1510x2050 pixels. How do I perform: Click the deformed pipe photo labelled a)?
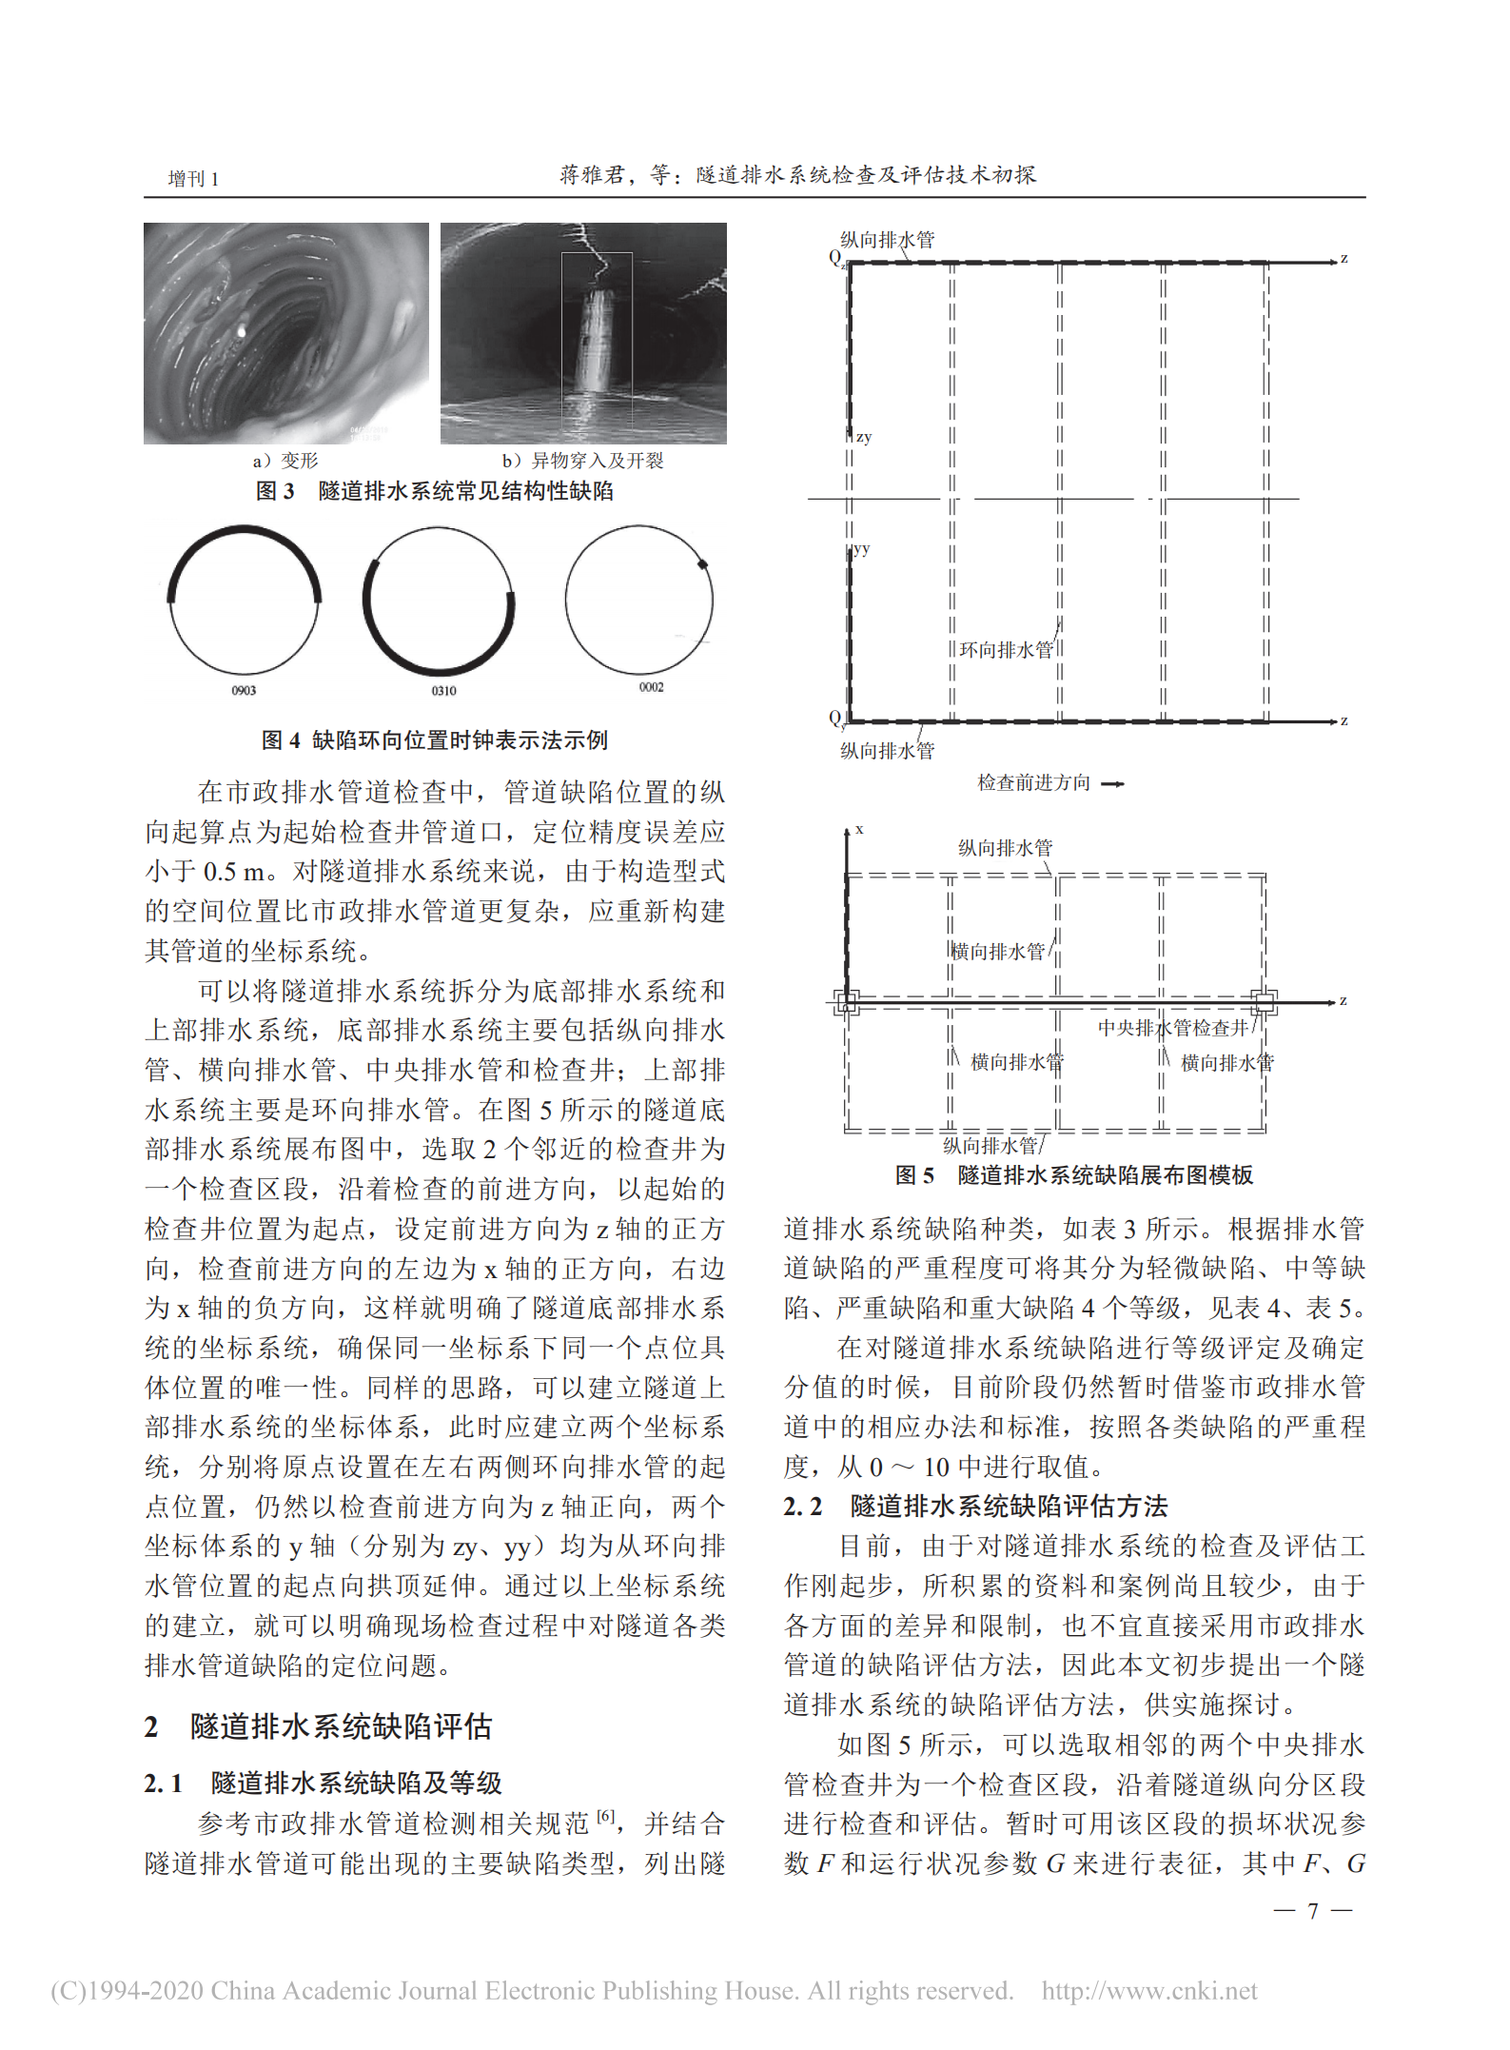(285, 333)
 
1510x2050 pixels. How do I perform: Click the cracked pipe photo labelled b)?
(583, 333)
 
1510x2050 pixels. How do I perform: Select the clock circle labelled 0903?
(245, 600)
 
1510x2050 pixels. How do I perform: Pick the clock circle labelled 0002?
(639, 600)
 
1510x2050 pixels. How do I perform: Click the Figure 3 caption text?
(435, 491)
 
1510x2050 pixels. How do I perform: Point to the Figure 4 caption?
(435, 739)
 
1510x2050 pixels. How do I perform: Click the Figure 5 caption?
(1074, 1174)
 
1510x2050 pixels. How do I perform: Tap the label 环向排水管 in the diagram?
(1006, 650)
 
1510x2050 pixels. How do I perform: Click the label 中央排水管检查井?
(1172, 1028)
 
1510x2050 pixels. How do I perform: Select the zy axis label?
(864, 438)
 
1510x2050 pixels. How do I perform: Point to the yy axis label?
(862, 549)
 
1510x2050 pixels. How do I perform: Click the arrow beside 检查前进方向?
(1112, 784)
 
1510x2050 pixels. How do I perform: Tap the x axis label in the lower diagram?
(859, 830)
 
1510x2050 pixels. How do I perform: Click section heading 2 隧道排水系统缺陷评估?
(319, 1727)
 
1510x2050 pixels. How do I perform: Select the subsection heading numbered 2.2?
(975, 1506)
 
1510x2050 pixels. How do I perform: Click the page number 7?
(1313, 1911)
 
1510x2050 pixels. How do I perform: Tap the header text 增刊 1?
(194, 179)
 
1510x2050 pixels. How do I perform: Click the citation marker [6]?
(605, 1818)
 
